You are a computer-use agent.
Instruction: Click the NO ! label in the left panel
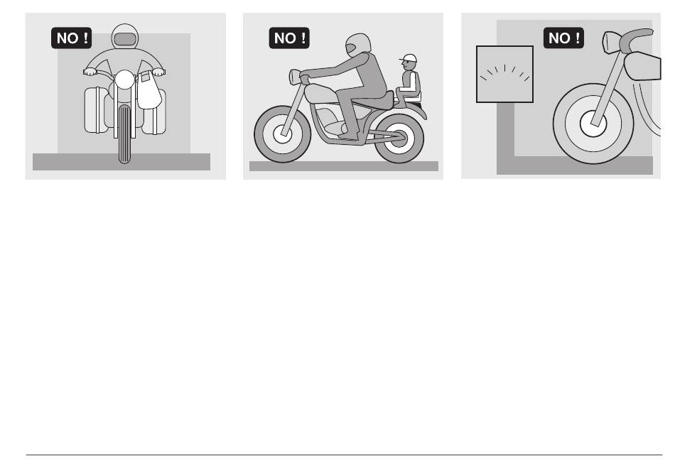72,38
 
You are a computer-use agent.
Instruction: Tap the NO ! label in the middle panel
289,38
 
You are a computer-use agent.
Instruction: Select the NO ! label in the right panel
563,38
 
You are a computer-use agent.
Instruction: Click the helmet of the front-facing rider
125,37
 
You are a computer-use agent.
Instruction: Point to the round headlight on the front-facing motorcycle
125,80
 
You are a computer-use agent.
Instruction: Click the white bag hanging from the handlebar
148,90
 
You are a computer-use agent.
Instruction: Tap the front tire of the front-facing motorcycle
124,134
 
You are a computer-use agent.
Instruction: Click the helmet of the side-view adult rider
357,45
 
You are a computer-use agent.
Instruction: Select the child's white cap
409,58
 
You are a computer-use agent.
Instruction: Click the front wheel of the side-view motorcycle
282,134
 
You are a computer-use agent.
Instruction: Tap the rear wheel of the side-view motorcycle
399,138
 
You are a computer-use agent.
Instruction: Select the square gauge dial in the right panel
504,75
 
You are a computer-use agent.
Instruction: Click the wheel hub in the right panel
593,124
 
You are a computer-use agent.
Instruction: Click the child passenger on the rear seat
409,81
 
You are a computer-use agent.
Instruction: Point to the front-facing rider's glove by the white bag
158,72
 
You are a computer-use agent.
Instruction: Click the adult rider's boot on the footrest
349,136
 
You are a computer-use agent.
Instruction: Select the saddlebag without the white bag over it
96,109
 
